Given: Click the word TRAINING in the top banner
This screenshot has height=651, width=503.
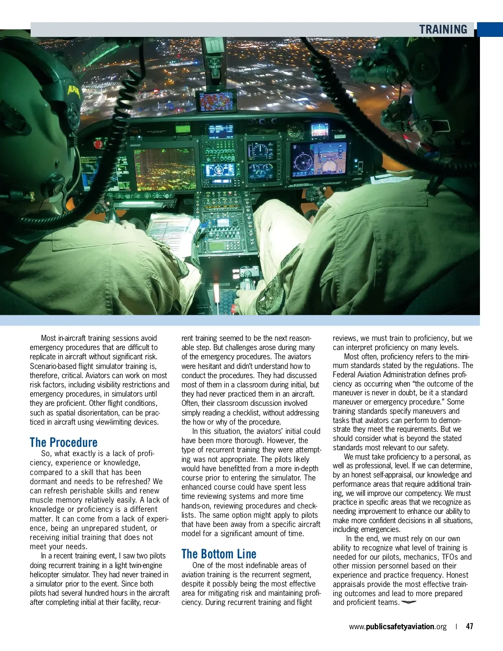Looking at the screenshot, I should click(443, 29).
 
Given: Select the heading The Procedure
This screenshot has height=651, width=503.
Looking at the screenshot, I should click(63, 442).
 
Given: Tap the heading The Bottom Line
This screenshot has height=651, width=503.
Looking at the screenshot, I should click(218, 554).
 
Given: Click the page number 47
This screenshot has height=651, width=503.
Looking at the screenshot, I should click(469, 626).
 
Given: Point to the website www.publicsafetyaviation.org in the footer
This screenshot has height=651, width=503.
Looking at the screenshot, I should click(397, 627).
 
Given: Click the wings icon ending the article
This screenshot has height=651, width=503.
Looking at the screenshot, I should click(409, 602).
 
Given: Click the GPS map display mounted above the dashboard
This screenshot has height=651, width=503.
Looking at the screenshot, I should click(216, 101).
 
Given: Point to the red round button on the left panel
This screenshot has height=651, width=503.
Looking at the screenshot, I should click(98, 145).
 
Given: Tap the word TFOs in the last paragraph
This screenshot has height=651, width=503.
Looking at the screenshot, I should click(451, 557).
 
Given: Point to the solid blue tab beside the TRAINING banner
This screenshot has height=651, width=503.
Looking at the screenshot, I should click(490, 29).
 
